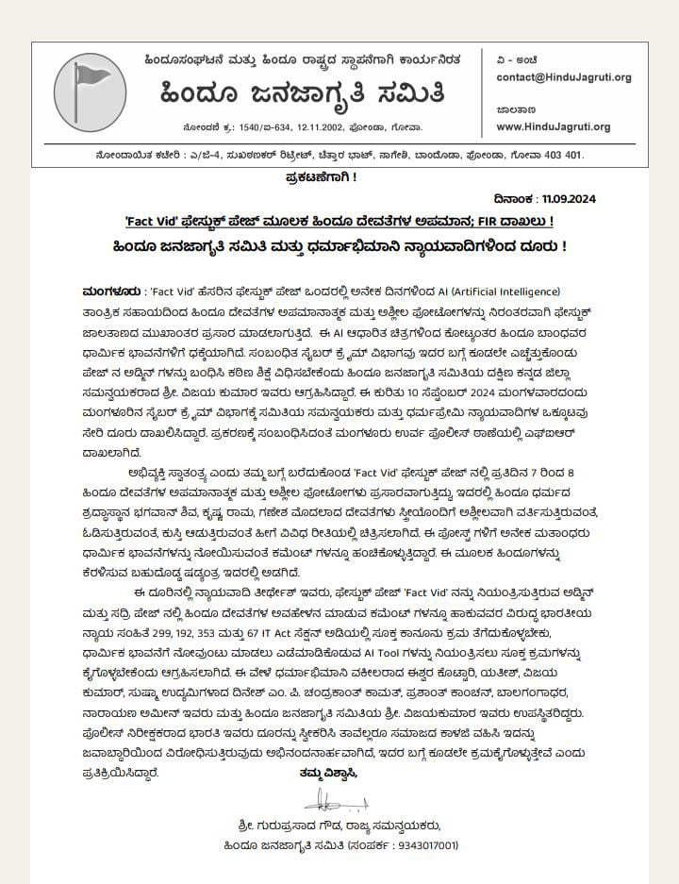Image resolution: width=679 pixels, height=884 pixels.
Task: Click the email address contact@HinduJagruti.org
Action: tap(563, 77)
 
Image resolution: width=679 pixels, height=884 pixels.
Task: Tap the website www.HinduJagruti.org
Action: tap(553, 126)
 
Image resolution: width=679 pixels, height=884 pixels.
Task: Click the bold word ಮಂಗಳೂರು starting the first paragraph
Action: tap(109, 291)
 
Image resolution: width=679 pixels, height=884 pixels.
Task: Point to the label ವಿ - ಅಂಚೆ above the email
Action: tap(518, 59)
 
